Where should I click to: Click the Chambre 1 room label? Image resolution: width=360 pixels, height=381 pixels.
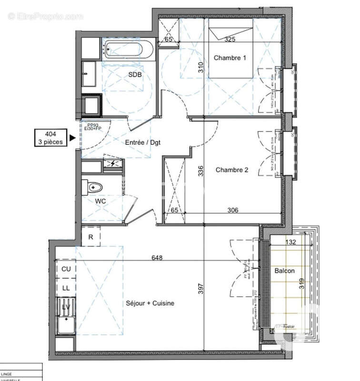tap(230, 58)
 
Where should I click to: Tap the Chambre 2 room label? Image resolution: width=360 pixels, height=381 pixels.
tap(232, 170)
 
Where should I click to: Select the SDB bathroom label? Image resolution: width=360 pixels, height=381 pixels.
tap(135, 74)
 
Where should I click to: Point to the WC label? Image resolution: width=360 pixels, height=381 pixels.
tap(100, 201)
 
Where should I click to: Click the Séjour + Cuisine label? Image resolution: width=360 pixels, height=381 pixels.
tap(150, 303)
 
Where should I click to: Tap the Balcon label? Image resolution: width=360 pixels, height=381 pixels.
tap(284, 271)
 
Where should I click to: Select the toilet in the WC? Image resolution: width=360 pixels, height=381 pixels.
tap(91, 187)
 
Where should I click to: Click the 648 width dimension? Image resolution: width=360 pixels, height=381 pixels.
tap(157, 258)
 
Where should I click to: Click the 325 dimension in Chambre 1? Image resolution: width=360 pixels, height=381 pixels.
tap(230, 40)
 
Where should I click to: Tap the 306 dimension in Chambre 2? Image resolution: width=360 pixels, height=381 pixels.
tap(233, 210)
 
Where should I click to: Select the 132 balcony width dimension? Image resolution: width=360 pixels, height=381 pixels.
tap(290, 242)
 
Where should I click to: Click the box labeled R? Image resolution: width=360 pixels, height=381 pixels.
tap(90, 237)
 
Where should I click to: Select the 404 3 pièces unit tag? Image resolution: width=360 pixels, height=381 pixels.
tap(50, 138)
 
